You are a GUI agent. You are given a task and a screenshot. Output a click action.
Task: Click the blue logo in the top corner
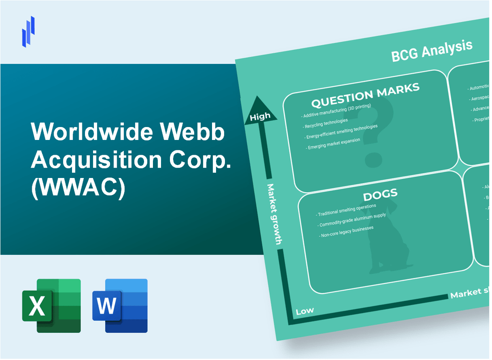click(x=28, y=31)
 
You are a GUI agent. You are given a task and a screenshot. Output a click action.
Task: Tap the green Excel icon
click(x=51, y=305)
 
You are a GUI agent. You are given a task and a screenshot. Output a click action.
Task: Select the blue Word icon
click(x=120, y=305)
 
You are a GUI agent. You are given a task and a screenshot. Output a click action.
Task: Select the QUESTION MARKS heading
click(x=365, y=95)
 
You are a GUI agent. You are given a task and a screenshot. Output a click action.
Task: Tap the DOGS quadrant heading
click(x=380, y=194)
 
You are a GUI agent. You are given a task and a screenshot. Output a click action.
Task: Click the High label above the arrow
click(x=260, y=117)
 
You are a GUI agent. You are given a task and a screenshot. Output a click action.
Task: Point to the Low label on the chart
click(x=305, y=310)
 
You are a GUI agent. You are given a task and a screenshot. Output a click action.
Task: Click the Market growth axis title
click(x=274, y=214)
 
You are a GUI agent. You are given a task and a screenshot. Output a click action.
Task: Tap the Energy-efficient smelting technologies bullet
click(x=342, y=132)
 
